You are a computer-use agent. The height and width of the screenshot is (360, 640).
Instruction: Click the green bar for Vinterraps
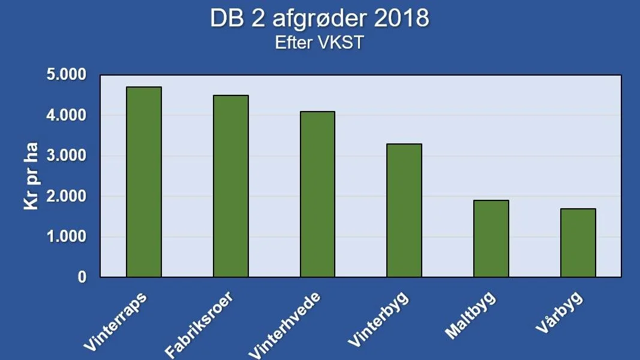144,182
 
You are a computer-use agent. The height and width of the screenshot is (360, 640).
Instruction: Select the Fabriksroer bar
230,186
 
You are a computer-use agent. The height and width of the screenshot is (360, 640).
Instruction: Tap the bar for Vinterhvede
317,194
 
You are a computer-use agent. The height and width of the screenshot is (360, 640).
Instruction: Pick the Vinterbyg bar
404,211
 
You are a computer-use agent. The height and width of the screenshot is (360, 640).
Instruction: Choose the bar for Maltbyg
491,239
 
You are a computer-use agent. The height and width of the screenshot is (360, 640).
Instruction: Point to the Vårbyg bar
578,243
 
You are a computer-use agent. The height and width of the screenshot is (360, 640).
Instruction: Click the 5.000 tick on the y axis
67,74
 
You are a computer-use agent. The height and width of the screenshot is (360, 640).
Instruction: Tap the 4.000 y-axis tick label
67,115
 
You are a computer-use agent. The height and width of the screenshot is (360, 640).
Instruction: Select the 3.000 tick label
67,155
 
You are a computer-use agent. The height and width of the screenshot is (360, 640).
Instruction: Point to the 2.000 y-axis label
67,196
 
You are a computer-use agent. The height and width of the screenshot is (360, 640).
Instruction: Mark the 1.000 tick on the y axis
67,236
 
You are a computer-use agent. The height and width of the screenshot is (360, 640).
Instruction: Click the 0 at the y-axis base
82,277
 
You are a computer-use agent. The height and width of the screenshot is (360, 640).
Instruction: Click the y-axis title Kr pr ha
31,176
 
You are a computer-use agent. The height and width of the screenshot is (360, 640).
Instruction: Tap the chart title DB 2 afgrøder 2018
320,19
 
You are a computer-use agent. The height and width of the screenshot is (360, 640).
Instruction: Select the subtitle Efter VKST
319,43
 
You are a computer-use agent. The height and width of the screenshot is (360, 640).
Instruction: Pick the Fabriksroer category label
199,325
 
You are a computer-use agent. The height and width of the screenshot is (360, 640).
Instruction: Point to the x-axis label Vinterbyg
378,319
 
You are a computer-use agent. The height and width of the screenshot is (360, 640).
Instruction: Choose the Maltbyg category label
470,315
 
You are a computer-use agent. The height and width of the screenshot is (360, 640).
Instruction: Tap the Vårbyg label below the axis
559,313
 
